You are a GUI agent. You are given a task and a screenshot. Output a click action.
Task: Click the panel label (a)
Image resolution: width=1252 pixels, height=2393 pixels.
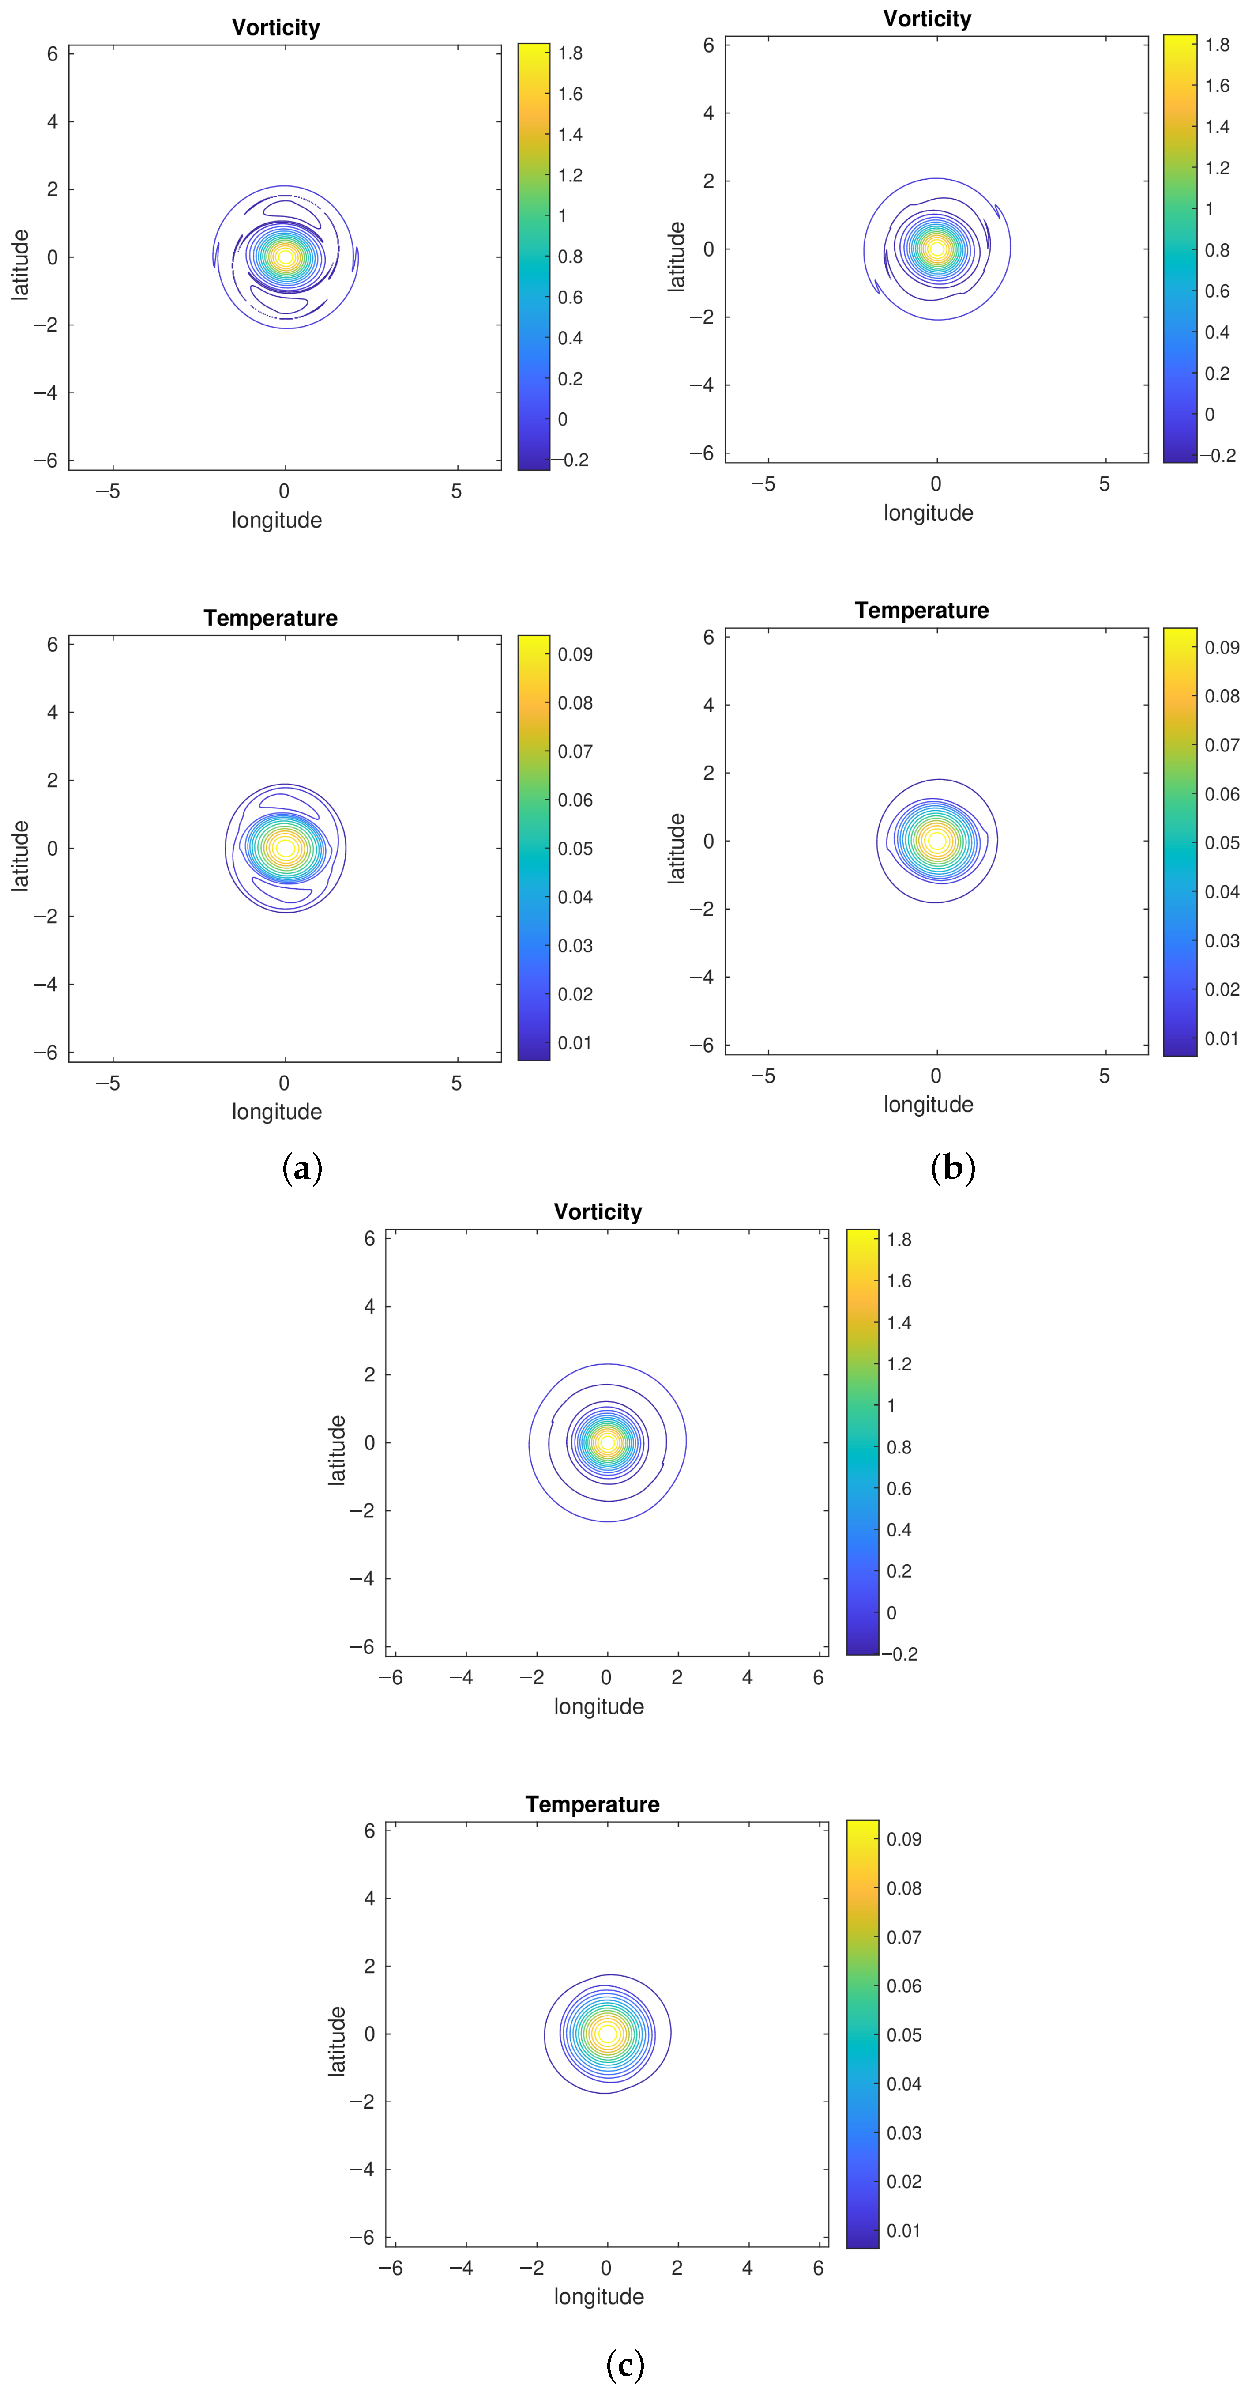(x=302, y=1168)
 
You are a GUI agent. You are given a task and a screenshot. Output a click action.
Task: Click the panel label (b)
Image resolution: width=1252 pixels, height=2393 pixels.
(x=953, y=1168)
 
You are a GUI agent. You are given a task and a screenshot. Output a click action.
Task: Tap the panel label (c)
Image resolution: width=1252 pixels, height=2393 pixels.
(x=625, y=2364)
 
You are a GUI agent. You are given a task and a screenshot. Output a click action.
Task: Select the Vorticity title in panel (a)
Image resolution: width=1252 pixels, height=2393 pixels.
(x=276, y=28)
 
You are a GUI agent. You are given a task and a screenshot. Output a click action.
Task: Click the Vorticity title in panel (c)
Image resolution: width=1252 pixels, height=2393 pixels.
(x=598, y=1212)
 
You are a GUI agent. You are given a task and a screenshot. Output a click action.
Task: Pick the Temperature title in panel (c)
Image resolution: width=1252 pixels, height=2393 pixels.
(x=593, y=1804)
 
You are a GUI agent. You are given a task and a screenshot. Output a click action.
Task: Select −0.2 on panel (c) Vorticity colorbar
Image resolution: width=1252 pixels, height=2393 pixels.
(x=899, y=1653)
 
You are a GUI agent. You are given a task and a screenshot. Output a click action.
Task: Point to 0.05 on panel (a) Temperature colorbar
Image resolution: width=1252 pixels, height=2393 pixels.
(x=575, y=848)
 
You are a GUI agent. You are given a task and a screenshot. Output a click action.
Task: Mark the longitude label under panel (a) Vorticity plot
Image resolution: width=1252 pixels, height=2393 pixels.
(x=277, y=520)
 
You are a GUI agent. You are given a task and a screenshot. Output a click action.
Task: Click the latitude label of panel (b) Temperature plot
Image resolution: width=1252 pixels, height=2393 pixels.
(x=677, y=848)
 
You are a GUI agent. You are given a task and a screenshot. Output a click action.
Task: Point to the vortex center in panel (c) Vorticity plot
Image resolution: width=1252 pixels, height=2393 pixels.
(x=607, y=1443)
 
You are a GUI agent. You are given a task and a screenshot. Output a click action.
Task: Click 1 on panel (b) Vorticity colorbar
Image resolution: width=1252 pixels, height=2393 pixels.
(x=1209, y=209)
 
